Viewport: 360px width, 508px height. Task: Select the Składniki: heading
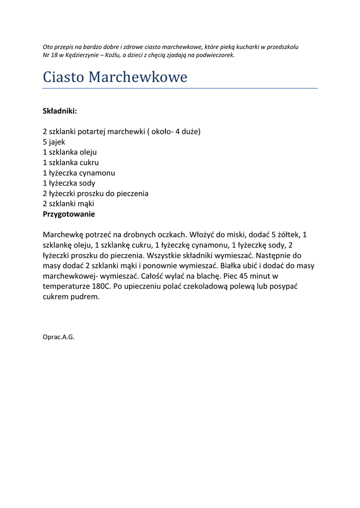[x=60, y=111]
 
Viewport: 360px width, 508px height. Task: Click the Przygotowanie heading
[x=69, y=214]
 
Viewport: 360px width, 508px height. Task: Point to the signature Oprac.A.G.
[x=59, y=337]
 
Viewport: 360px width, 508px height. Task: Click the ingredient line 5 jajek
[x=54, y=142]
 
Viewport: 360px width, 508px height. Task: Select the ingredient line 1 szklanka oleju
[x=70, y=152]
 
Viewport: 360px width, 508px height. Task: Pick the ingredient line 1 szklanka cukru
[x=71, y=163]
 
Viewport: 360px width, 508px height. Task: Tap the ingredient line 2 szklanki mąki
[x=69, y=204]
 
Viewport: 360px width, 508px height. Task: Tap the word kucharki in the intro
[x=242, y=47]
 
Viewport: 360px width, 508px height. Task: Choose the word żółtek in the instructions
[x=289, y=235]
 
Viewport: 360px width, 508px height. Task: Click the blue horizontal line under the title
[x=180, y=88]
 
